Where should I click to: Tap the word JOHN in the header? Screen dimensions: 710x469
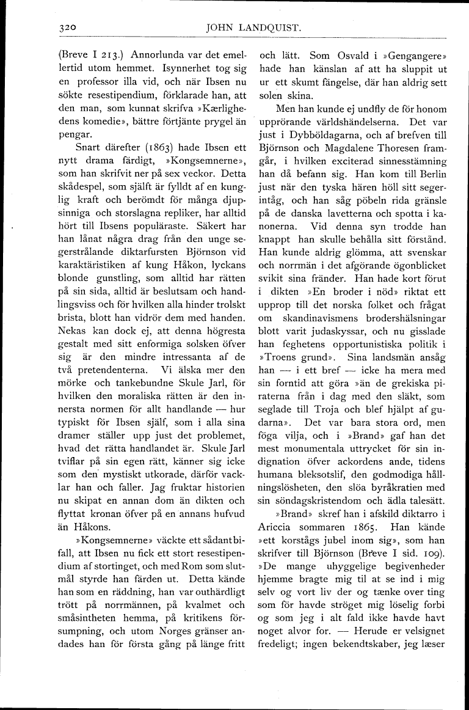pyautogui.click(x=221, y=27)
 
